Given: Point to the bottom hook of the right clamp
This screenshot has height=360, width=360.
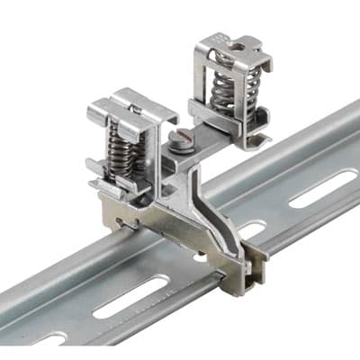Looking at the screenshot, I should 256,140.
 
